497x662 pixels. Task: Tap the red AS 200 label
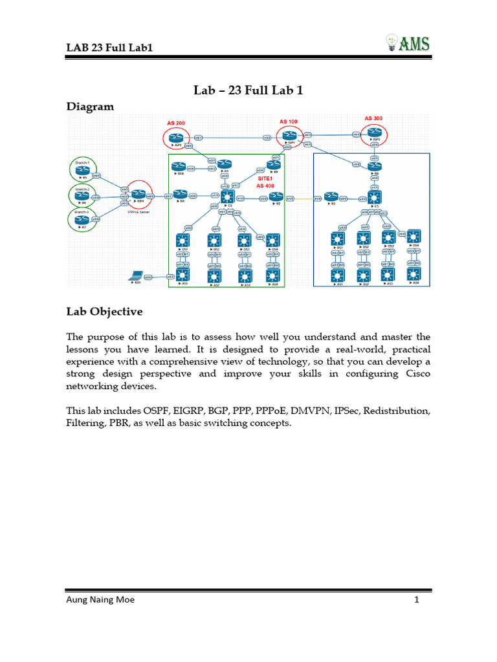coord(175,122)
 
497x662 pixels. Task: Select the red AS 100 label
coord(289,122)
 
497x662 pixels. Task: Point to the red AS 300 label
coord(373,118)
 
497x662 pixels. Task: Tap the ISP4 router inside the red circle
coord(138,194)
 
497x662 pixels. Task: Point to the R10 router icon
coord(179,167)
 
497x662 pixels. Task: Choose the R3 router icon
coord(331,197)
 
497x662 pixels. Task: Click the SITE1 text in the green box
coord(265,178)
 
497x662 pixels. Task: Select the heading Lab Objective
coord(104,312)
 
